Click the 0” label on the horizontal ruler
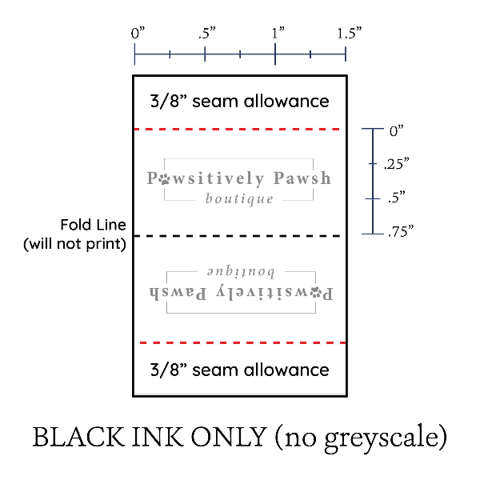[x=138, y=34]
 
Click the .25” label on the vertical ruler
[x=396, y=163]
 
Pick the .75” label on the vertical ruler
[x=398, y=233]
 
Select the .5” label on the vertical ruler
[x=394, y=197]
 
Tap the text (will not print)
[x=75, y=243]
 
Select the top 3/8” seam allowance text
[x=239, y=102]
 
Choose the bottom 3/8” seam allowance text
[x=239, y=370]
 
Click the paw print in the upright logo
[x=165, y=178]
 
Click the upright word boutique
[x=239, y=198]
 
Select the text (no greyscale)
[x=360, y=438]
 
